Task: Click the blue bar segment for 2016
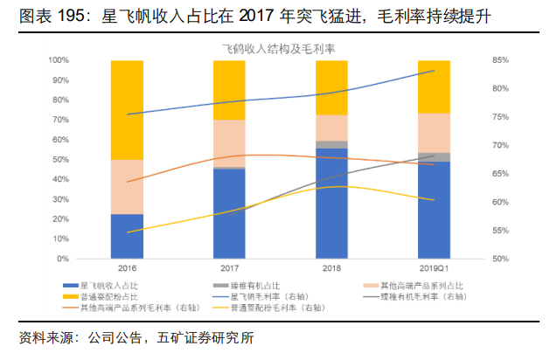click(128, 236)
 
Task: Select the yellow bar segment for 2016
click(128, 109)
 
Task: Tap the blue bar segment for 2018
click(331, 203)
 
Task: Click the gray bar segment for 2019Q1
click(435, 157)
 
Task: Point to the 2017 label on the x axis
click(229, 267)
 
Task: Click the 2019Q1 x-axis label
click(435, 267)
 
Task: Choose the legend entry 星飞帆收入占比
click(107, 285)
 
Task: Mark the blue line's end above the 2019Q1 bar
click(435, 71)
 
